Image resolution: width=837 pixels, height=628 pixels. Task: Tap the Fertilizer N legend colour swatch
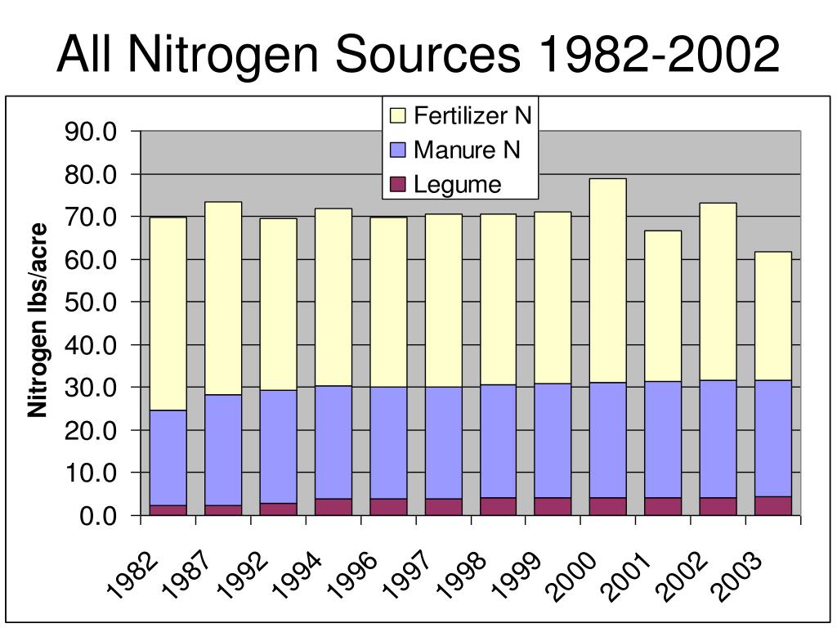click(398, 115)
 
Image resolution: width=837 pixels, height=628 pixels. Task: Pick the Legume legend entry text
click(457, 185)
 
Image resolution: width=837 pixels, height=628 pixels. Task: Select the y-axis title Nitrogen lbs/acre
click(38, 320)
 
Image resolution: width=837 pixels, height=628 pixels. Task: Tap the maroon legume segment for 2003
click(772, 506)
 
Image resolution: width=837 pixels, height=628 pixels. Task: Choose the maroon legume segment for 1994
click(333, 507)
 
